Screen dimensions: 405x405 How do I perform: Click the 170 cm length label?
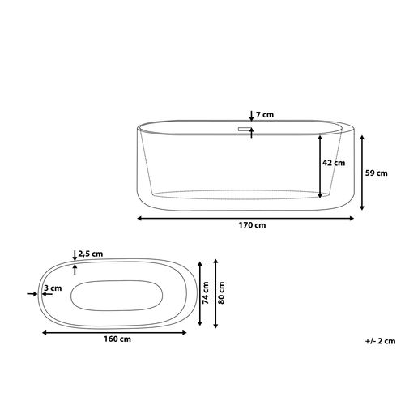252,225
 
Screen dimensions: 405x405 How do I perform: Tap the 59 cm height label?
377,173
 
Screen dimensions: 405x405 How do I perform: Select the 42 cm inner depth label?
334,163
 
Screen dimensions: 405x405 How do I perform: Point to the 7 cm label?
265,115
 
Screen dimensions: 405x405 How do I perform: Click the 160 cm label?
117,339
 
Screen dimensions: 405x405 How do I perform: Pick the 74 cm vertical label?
206,293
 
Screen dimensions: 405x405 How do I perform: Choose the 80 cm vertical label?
221,293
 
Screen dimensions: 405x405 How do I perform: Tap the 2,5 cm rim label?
91,254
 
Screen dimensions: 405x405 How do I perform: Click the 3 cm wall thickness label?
53,288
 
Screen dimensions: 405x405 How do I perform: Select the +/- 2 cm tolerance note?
380,341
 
